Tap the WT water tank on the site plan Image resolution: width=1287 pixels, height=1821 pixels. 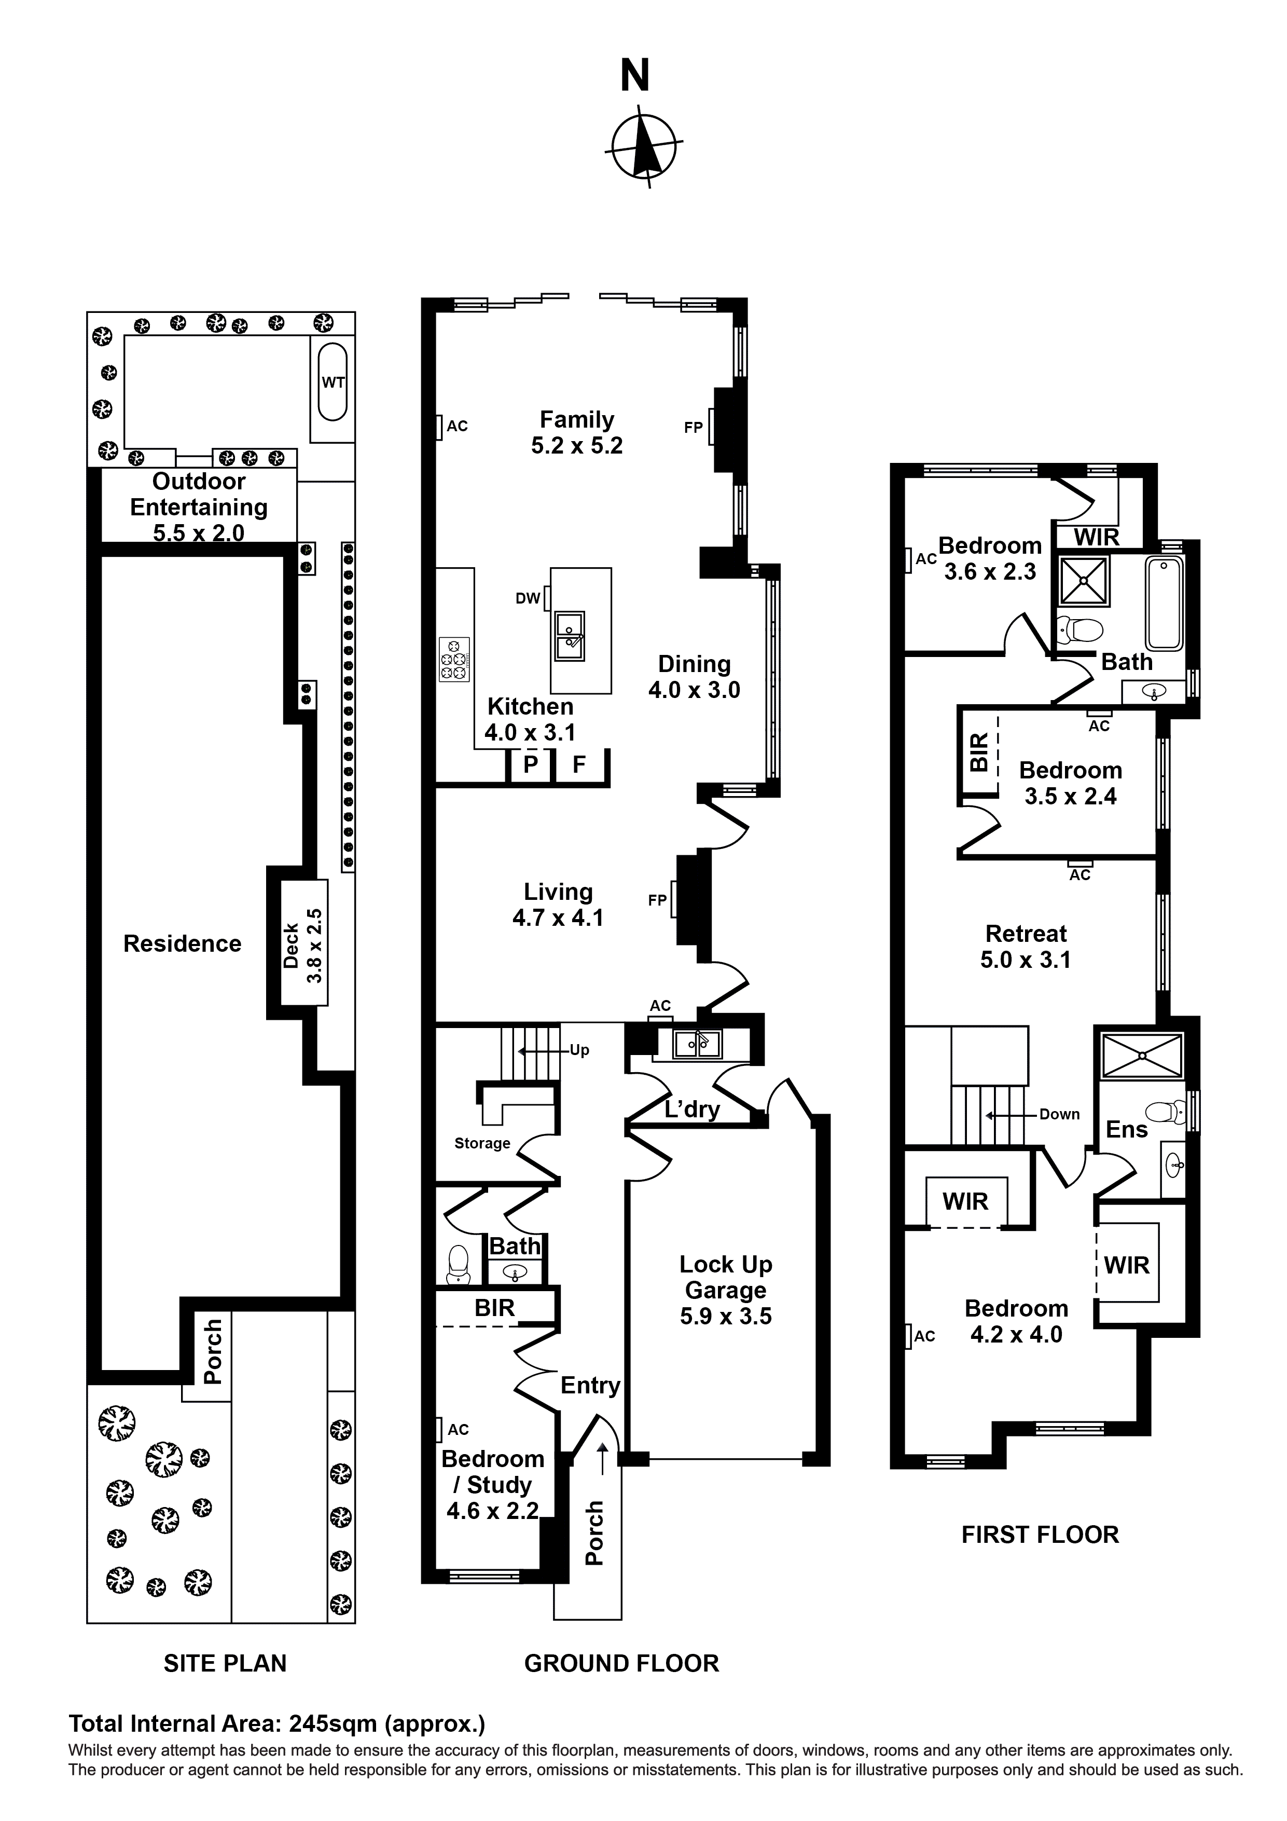point(333,382)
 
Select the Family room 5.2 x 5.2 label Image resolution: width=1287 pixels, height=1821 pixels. point(576,432)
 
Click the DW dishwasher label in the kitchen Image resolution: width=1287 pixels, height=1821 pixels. point(528,599)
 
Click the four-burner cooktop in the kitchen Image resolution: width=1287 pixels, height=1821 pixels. point(454,659)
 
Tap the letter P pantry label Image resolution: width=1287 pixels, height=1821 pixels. point(531,764)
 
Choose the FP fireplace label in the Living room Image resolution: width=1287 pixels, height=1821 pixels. point(657,900)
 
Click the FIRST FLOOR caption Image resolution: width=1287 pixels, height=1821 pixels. point(1040,1535)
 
